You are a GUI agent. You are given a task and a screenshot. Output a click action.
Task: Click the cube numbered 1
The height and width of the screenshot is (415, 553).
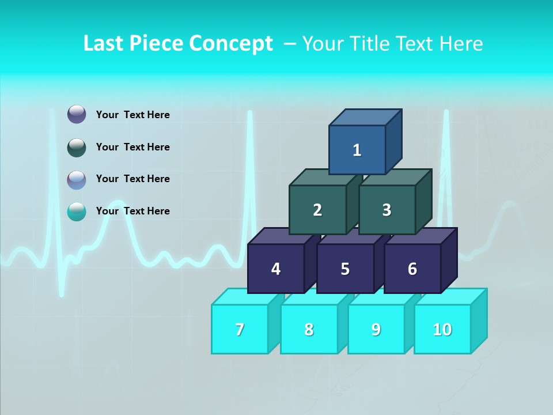[357, 150]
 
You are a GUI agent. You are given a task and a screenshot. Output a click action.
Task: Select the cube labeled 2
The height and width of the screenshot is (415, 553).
[317, 210]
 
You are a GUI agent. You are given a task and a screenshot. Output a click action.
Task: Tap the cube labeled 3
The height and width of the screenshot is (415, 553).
[387, 210]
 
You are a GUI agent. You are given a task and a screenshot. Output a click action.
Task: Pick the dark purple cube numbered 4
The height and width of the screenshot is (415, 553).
[276, 269]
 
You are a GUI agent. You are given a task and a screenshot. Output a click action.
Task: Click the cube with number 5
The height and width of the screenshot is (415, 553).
[345, 269]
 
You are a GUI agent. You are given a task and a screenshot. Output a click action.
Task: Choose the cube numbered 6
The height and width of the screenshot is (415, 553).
[412, 269]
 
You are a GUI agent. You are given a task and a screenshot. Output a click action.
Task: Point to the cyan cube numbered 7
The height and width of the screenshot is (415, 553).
[240, 329]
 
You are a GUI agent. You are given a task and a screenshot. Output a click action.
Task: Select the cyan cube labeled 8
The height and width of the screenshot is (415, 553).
[309, 329]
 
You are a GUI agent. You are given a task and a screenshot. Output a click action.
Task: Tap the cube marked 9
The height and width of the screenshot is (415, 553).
[376, 329]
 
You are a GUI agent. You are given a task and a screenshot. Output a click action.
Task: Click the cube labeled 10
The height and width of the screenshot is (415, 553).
[442, 329]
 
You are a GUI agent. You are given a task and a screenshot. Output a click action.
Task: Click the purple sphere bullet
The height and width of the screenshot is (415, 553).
[77, 114]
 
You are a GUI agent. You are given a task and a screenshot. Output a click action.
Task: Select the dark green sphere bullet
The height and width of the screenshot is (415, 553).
[77, 148]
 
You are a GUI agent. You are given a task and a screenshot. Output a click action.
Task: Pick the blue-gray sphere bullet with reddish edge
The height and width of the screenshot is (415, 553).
[77, 180]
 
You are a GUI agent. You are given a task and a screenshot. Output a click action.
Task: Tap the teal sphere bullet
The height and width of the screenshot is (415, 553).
[77, 212]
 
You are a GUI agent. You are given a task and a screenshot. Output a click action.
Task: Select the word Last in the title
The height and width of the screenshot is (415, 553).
[104, 44]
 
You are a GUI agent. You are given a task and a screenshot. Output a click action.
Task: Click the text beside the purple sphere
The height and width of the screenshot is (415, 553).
[132, 115]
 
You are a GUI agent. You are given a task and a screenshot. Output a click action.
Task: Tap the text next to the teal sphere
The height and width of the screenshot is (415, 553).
[132, 211]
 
